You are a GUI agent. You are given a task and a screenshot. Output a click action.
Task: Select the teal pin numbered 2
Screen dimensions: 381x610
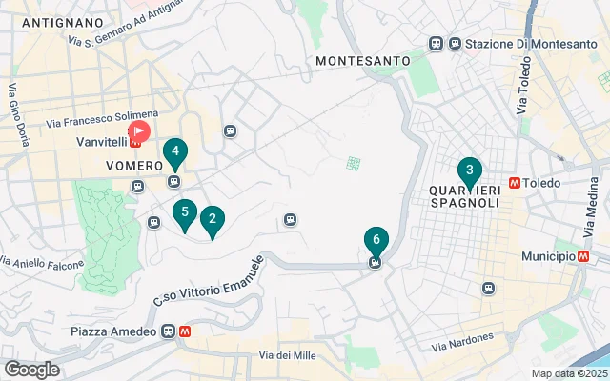click(x=212, y=221)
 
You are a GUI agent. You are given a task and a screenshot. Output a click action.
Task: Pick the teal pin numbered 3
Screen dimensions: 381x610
click(x=468, y=171)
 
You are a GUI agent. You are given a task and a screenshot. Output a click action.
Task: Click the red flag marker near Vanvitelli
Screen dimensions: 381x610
click(x=139, y=130)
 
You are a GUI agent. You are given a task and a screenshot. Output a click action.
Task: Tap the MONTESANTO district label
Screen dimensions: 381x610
click(x=362, y=60)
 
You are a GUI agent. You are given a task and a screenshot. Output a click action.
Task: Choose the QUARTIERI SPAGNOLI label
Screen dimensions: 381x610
click(x=465, y=193)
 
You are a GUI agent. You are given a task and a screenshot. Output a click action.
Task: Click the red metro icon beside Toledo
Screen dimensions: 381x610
click(x=515, y=181)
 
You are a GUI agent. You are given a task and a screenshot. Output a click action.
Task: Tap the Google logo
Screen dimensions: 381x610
click(x=31, y=369)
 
